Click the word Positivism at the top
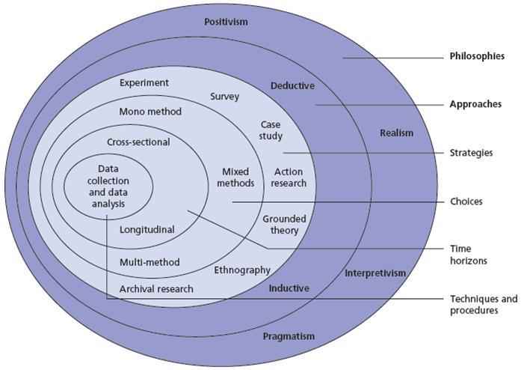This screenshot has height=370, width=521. [x=226, y=22]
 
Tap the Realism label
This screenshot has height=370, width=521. [x=396, y=133]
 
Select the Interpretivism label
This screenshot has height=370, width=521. [x=375, y=273]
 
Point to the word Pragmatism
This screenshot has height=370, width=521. [x=289, y=336]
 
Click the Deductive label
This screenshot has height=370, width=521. [x=292, y=85]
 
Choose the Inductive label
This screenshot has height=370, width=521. [x=289, y=288]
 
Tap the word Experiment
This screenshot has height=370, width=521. [x=144, y=82]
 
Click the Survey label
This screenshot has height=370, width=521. [x=224, y=97]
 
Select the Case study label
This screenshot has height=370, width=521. [x=271, y=130]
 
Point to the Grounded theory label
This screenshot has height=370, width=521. [x=285, y=225]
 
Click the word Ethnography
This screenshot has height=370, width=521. [x=242, y=270]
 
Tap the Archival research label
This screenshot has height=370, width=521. [x=156, y=288]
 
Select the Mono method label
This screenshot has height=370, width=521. [x=150, y=112]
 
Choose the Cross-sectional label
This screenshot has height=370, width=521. [x=138, y=142]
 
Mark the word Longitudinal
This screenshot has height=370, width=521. [x=147, y=230]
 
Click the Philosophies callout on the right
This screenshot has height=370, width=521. [x=477, y=56]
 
